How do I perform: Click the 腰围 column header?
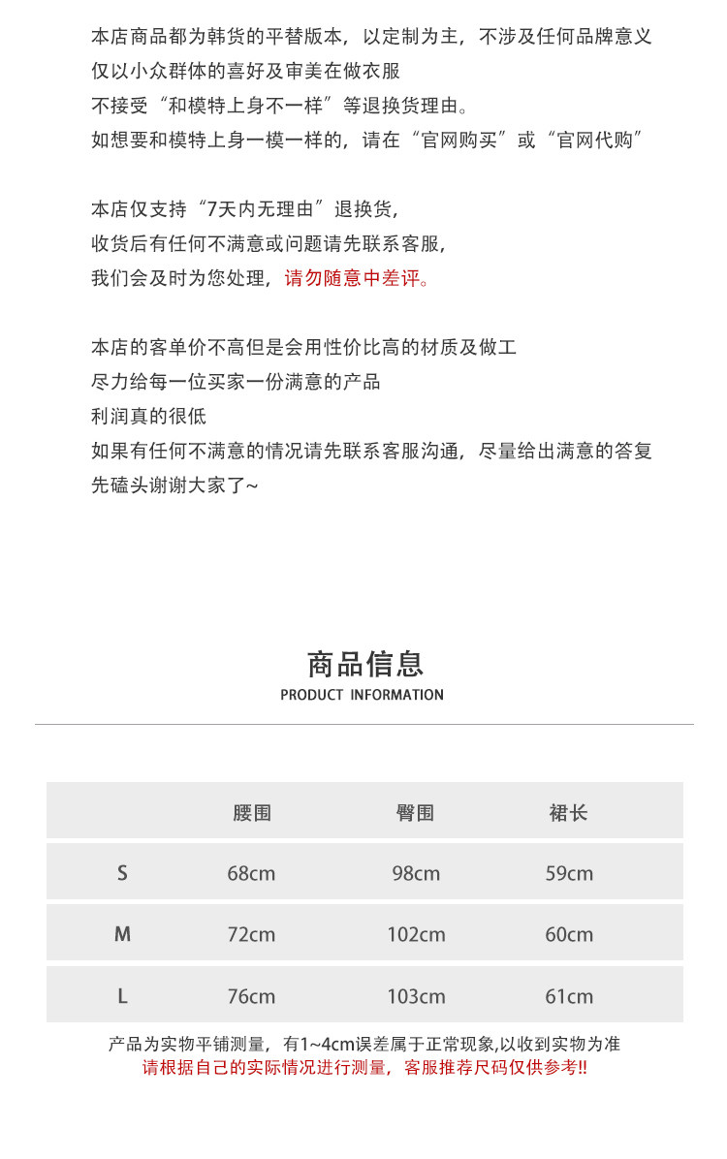tap(251, 813)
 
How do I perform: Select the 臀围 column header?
tap(415, 813)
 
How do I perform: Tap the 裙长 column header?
tap(568, 813)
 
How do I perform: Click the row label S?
tap(122, 873)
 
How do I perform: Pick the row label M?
tap(122, 934)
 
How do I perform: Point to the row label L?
tap(122, 996)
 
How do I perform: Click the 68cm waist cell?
tap(251, 873)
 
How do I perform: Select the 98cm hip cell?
tap(416, 873)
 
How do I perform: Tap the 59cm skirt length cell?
tap(569, 873)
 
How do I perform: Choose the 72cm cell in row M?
tap(251, 934)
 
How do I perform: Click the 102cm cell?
tap(416, 934)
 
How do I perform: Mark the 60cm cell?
tap(569, 934)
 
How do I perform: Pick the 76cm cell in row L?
tap(251, 996)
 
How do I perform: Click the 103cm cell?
tap(416, 996)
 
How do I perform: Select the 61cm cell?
tap(569, 996)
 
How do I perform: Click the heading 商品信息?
tap(364, 664)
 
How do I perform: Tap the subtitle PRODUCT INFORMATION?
tap(363, 695)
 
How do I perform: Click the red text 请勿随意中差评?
tap(355, 278)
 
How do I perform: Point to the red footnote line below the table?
tap(364, 1068)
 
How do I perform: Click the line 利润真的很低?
tap(148, 417)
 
